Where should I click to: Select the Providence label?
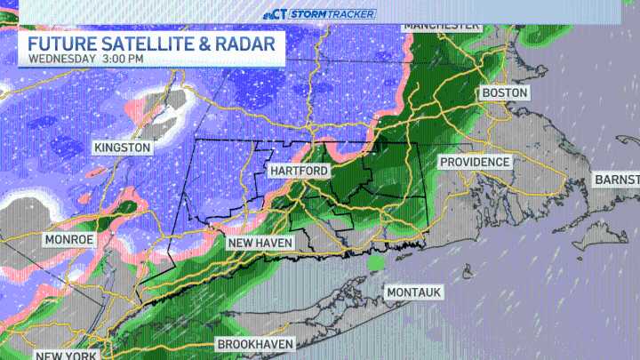pyautogui.click(x=475, y=162)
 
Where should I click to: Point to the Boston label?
pyautogui.click(x=504, y=92)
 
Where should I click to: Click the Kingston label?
pyautogui.click(x=123, y=147)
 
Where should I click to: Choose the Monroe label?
pyautogui.click(x=69, y=240)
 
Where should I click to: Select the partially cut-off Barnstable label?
pyautogui.click(x=617, y=180)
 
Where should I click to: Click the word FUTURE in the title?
pyautogui.click(x=61, y=44)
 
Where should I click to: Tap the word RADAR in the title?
pyautogui.click(x=251, y=44)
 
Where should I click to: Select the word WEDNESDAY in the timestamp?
pyautogui.click(x=62, y=60)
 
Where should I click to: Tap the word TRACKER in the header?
pyautogui.click(x=351, y=13)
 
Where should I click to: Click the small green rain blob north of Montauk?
pyautogui.click(x=377, y=263)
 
